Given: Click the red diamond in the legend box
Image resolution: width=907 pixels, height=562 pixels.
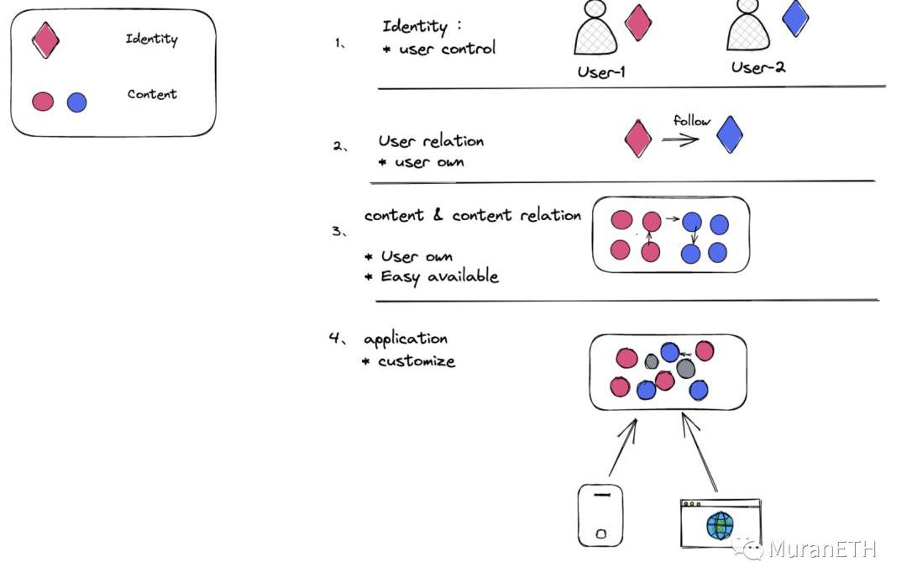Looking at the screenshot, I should coord(45,39).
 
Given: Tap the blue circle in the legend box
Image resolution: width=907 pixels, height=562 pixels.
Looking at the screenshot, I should coord(76,102).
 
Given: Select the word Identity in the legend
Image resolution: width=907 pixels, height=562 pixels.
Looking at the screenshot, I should coord(151,39).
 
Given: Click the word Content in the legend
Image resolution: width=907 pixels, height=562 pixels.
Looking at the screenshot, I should coord(152,94).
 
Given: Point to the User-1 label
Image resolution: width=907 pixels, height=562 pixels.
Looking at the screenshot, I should coord(601,72).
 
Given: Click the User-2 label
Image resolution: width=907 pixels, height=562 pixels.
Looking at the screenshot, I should coord(758,68).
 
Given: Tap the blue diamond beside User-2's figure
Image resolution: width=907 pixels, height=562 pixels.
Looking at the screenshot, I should coord(795,18).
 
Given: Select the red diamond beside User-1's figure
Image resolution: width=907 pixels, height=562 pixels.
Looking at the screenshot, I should coord(638,23).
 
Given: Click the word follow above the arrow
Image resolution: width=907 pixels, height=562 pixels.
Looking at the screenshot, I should coord(691,121).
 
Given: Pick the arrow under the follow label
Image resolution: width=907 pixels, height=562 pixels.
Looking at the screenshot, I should coord(680,139).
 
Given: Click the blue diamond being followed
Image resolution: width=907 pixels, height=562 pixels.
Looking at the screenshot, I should coord(729,134).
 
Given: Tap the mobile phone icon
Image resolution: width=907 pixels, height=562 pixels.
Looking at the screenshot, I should coord(600,514).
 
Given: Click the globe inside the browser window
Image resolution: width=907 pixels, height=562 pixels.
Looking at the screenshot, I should coord(720,526).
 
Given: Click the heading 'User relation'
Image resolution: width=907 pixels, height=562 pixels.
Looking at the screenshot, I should coord(431,141).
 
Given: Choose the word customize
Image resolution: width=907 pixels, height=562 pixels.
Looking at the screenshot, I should coord(416,361).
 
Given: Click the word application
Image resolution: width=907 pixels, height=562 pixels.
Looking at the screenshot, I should coord(406,339).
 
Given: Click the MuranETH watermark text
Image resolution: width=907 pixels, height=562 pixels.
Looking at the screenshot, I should coord(822,549).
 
